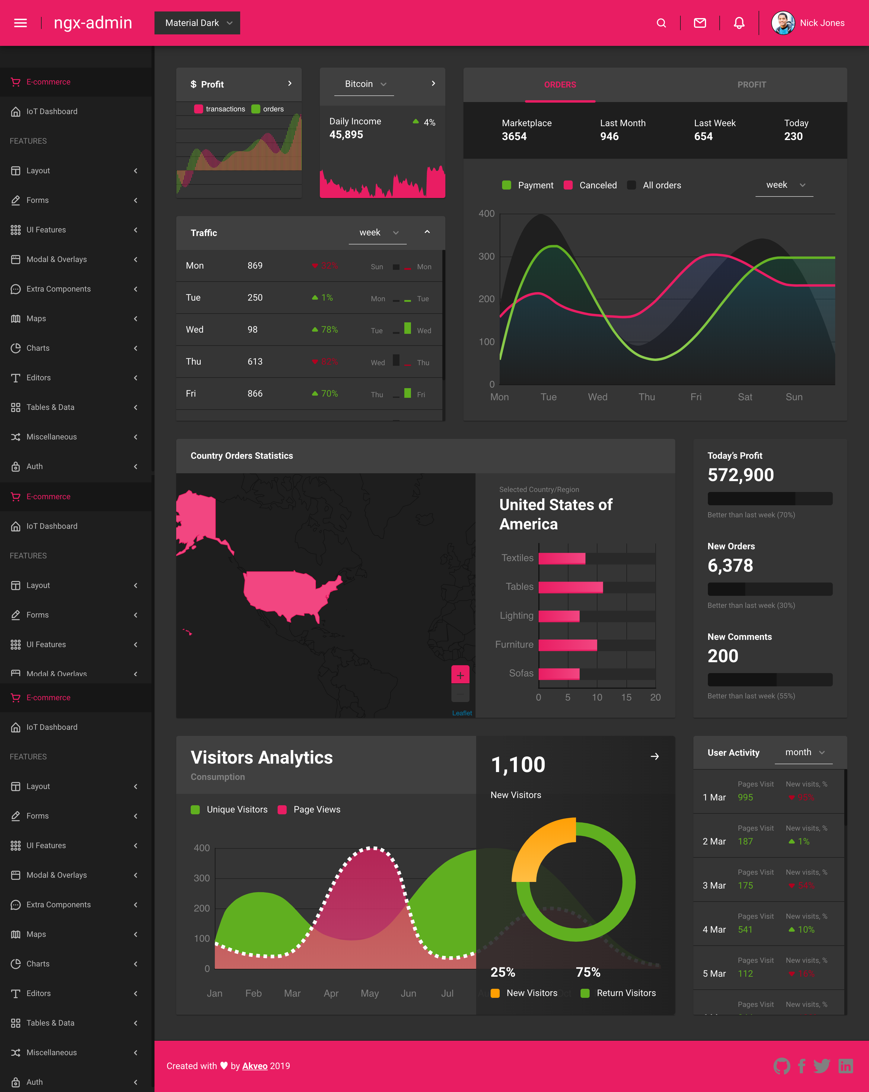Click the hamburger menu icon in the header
tap(20, 23)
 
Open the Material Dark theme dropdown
tap(197, 23)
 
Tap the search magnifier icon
tap(661, 23)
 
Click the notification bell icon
tap(739, 23)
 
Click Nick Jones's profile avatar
tap(782, 23)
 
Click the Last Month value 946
tap(609, 136)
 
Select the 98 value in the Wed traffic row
tap(252, 330)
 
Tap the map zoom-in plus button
tap(460, 675)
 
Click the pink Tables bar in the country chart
tap(570, 587)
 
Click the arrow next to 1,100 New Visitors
tap(654, 756)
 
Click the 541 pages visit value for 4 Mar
tap(745, 929)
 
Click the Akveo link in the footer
tap(255, 1066)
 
